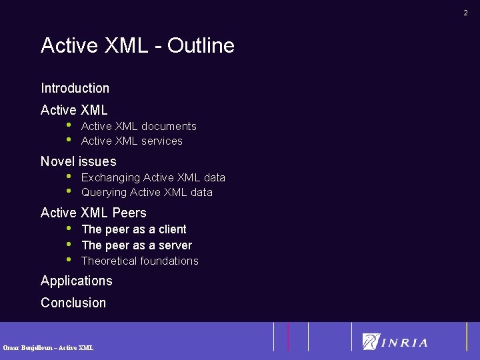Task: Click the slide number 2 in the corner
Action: pyautogui.click(x=466, y=13)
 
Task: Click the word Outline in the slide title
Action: pyautogui.click(x=201, y=45)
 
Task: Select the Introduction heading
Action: pyautogui.click(x=75, y=88)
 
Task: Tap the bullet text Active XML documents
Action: pyautogui.click(x=139, y=126)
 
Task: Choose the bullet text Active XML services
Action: pyautogui.click(x=131, y=141)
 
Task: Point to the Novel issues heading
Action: pyautogui.click(x=78, y=161)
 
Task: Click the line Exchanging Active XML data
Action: pyautogui.click(x=153, y=177)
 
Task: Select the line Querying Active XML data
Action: pyautogui.click(x=147, y=192)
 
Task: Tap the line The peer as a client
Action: pyautogui.click(x=133, y=229)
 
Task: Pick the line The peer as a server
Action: pyautogui.click(x=136, y=245)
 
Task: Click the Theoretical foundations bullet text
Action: pyautogui.click(x=139, y=261)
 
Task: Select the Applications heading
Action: pyautogui.click(x=76, y=281)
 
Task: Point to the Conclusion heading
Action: pyautogui.click(x=73, y=303)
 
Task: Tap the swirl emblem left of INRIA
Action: pyautogui.click(x=371, y=341)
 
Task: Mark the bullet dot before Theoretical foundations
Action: pyautogui.click(x=68, y=259)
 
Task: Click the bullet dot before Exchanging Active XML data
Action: pyautogui.click(x=68, y=176)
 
